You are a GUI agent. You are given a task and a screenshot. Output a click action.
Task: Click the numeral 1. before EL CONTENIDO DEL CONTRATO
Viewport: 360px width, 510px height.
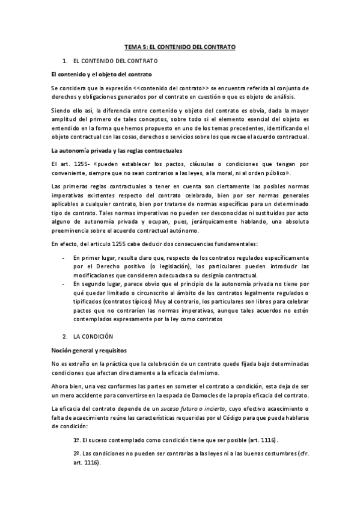pos(65,61)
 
